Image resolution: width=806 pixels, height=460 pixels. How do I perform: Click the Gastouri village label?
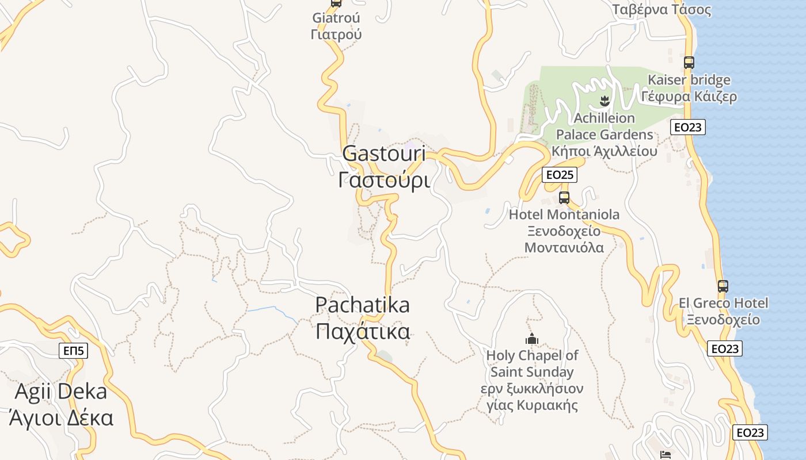pyautogui.click(x=384, y=167)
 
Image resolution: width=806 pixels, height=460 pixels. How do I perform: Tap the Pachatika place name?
pyautogui.click(x=363, y=317)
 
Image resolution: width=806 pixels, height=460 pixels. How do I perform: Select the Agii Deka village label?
pyautogui.click(x=61, y=405)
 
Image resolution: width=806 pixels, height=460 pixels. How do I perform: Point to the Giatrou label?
pyautogui.click(x=336, y=26)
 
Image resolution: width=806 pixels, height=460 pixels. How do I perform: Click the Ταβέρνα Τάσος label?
pyautogui.click(x=661, y=10)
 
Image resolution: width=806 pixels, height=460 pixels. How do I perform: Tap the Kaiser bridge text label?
pyautogui.click(x=689, y=88)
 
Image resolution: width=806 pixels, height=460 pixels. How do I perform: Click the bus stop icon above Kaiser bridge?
pyautogui.click(x=689, y=62)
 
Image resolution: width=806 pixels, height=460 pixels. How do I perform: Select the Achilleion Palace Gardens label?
pyautogui.click(x=604, y=135)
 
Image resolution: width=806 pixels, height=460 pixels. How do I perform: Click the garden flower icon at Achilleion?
pyautogui.click(x=604, y=102)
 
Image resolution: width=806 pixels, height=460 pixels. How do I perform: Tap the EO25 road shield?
pyautogui.click(x=559, y=175)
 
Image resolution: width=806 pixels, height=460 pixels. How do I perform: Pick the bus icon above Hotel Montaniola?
pyautogui.click(x=564, y=198)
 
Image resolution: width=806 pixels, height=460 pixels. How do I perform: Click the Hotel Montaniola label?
pyautogui.click(x=564, y=231)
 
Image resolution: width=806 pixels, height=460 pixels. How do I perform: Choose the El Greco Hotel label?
pyautogui.click(x=723, y=311)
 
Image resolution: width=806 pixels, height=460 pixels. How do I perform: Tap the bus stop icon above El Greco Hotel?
pyautogui.click(x=723, y=286)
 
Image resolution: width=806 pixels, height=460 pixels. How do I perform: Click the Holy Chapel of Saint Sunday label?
pyautogui.click(x=532, y=379)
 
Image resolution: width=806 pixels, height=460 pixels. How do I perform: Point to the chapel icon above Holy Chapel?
pyautogui.click(x=531, y=339)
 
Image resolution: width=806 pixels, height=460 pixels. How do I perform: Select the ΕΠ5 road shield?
pyautogui.click(x=74, y=351)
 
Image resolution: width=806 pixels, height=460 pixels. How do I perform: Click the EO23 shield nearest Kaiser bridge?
pyautogui.click(x=687, y=127)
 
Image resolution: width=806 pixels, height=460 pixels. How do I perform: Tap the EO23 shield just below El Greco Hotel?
pyautogui.click(x=724, y=348)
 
